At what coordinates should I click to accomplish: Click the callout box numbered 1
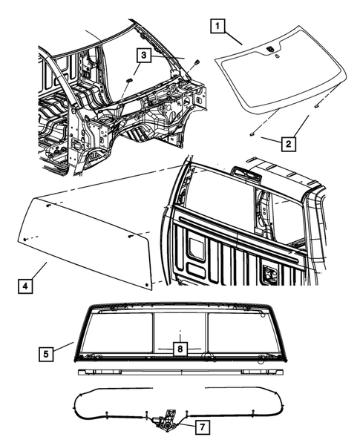click(217, 26)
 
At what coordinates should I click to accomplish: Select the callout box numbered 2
click(288, 144)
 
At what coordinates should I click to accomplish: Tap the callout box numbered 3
click(143, 55)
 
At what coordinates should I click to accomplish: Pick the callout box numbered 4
click(25, 286)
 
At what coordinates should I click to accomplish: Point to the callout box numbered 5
click(46, 354)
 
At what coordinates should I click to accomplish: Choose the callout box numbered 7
click(202, 427)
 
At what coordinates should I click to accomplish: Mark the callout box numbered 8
click(180, 349)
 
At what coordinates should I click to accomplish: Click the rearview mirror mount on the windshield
click(270, 49)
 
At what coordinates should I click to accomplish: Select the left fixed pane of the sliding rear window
click(117, 333)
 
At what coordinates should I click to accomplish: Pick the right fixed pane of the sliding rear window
click(244, 333)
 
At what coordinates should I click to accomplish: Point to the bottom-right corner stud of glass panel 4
click(147, 285)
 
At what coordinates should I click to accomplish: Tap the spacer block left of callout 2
click(252, 135)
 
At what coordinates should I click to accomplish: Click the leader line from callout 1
click(233, 39)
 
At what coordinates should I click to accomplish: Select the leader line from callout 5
click(63, 346)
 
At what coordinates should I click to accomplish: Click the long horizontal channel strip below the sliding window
click(180, 372)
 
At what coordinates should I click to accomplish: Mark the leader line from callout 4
click(39, 271)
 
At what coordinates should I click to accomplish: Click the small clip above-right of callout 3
click(197, 62)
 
